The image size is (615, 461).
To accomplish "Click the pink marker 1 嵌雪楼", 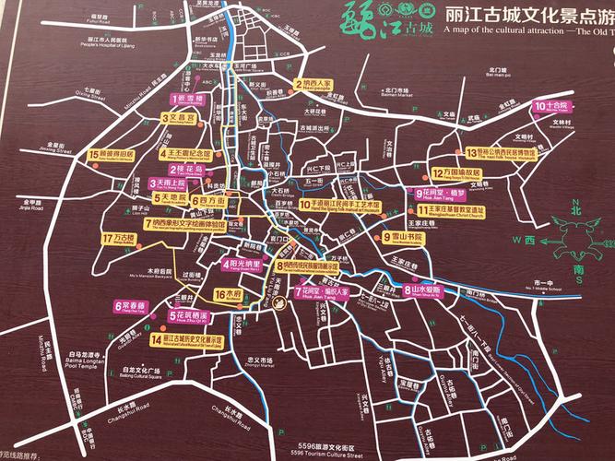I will point(194,99).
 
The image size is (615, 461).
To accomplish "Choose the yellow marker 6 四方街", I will point(209,200).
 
